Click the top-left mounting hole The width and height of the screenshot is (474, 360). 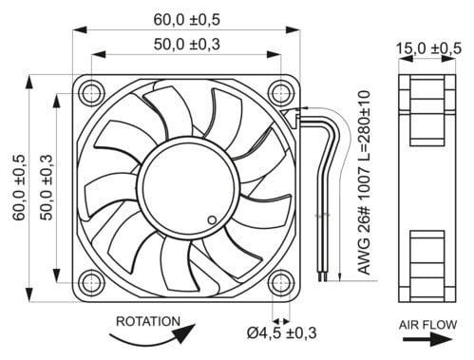[x=91, y=94]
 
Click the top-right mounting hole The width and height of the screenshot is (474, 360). [x=281, y=94]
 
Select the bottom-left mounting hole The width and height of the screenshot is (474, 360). [x=91, y=283]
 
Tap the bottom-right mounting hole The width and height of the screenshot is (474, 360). [x=281, y=283]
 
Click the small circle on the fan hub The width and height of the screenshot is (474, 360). [x=212, y=219]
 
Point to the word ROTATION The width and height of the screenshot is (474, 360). [x=148, y=321]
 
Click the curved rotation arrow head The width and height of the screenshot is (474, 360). [x=185, y=332]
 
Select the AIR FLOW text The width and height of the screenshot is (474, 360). [x=427, y=325]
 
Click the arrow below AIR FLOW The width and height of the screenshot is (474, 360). [x=427, y=340]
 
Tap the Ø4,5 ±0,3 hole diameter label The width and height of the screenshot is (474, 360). [x=281, y=332]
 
